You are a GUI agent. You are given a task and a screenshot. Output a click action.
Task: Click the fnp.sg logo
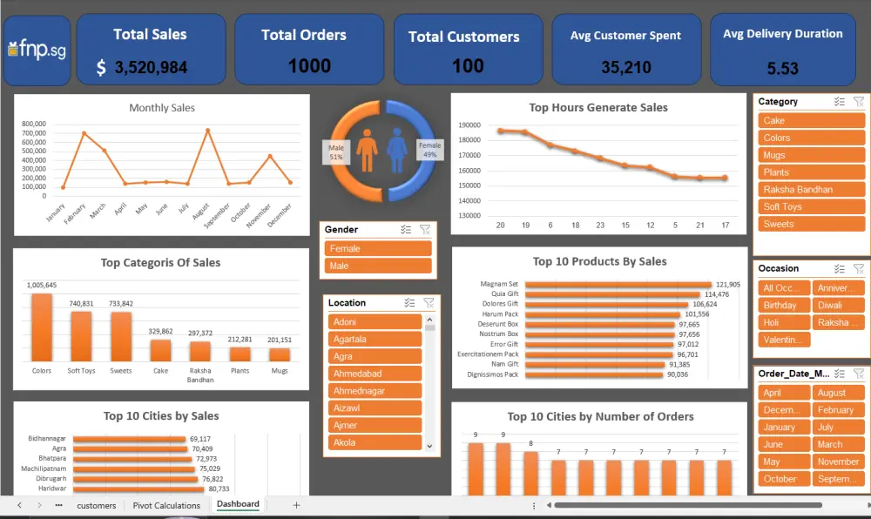click(x=36, y=51)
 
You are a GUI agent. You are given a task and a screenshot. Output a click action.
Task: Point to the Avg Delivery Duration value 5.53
click(x=782, y=68)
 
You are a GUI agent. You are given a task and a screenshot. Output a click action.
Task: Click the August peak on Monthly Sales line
click(x=207, y=131)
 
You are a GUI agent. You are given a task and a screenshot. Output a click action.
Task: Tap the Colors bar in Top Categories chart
click(x=42, y=327)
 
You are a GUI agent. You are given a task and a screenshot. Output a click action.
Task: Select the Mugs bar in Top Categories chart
click(x=280, y=354)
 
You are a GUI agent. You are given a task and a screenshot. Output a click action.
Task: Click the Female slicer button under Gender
click(x=378, y=248)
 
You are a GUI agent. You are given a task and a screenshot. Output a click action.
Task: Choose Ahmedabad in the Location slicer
click(x=375, y=374)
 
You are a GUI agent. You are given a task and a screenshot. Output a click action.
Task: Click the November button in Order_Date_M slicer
click(x=838, y=462)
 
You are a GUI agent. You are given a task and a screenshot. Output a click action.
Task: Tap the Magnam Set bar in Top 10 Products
click(x=618, y=285)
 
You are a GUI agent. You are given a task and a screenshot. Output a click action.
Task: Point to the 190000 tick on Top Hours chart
click(x=470, y=125)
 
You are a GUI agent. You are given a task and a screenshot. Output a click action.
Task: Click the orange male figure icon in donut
click(x=367, y=151)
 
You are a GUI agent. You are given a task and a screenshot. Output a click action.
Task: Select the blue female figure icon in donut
click(x=398, y=151)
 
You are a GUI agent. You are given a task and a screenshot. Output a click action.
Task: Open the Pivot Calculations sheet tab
click(x=166, y=505)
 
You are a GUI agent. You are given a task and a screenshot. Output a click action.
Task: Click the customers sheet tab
click(x=96, y=505)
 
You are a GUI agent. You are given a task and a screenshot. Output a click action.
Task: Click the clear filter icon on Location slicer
click(x=428, y=303)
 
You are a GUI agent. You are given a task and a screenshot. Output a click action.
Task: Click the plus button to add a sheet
click(x=296, y=505)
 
